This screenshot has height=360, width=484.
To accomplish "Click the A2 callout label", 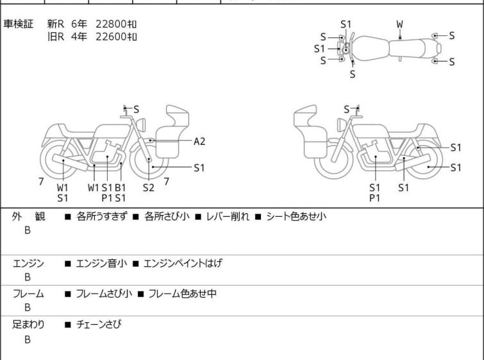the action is click(199, 142).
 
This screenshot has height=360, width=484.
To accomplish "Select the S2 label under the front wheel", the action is click(149, 187).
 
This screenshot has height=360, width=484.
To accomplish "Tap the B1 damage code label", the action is click(121, 187).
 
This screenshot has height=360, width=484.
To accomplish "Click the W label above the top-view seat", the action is click(400, 24).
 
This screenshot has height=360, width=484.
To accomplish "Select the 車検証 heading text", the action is click(18, 24).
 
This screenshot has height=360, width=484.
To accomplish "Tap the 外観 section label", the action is click(28, 216).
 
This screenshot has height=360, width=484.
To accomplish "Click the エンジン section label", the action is click(28, 263).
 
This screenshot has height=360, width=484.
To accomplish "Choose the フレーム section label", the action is click(28, 293).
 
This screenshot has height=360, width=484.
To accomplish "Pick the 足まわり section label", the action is click(28, 324).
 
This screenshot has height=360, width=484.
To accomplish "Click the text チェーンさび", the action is click(99, 324).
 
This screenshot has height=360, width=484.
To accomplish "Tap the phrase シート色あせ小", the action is click(296, 216).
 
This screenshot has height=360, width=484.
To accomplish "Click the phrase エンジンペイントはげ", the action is click(183, 263).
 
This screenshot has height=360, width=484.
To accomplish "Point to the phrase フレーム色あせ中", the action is click(183, 293).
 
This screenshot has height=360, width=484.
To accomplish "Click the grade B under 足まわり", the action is click(28, 339).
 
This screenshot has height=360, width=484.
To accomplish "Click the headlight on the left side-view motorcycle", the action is click(141, 124).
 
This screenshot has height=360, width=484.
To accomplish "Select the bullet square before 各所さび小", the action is click(136, 217).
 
